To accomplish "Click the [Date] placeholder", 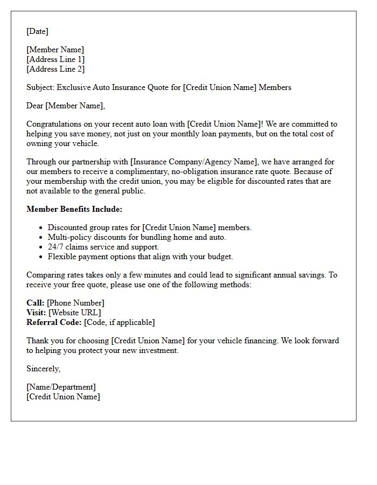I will coord(37,31).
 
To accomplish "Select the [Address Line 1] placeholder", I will coord(55,59).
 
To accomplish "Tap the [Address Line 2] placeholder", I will coord(55,69).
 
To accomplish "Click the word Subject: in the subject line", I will coord(40,87).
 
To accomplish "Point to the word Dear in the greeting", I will coord(34,106).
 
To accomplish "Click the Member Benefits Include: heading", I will coord(74,209).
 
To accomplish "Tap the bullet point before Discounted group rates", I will coord(41,228).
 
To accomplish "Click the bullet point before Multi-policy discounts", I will coord(41,238).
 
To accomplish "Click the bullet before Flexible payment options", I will coord(41,257).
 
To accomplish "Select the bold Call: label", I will coord(36,303).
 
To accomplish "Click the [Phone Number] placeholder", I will coord(75,303).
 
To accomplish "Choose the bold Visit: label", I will coord(36,313).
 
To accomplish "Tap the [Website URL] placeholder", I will coord(75,313).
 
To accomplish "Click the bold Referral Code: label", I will coord(54,322).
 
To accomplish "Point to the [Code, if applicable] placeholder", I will coord(120,322).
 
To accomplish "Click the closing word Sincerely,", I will coord(44,369).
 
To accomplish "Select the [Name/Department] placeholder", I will coord(61,387).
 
